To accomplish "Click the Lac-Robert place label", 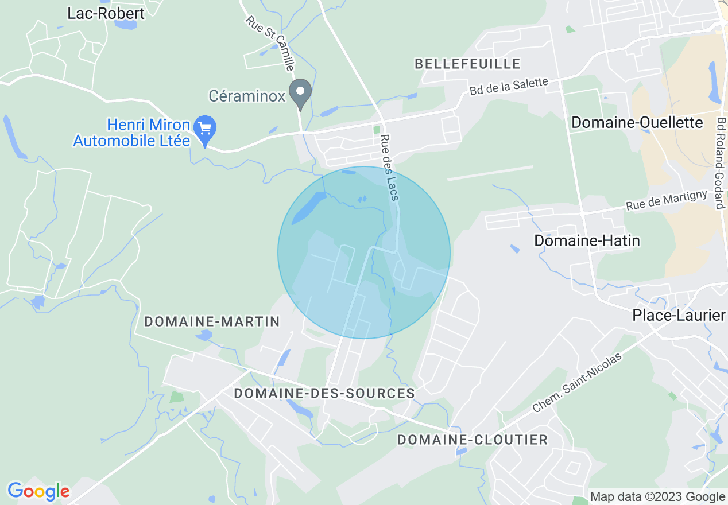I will coord(106,13).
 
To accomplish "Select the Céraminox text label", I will coord(247,96).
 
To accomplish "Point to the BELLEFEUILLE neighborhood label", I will coord(467,64).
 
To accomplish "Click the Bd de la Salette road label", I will coord(509,87).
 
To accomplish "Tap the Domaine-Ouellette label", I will coord(637,122).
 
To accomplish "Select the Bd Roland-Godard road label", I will coord(719,163).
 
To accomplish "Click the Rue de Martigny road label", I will coord(667,200).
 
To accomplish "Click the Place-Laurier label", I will coord(679,315).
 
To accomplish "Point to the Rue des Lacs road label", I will coord(389,168).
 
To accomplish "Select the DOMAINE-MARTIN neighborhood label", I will coord(212,321).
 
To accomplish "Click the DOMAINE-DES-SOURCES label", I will coord(324,393).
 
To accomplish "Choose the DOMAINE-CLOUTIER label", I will coord(473,440).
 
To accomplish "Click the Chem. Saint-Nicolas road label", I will coord(576,383).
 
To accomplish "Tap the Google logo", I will coord(38,491).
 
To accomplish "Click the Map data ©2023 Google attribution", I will coord(658,497).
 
